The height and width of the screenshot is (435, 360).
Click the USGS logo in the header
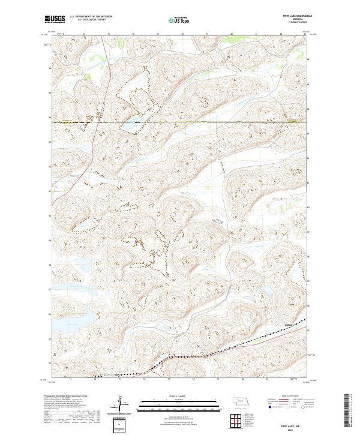click(55, 19)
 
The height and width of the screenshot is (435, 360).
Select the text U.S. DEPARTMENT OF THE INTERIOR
click(91, 16)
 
